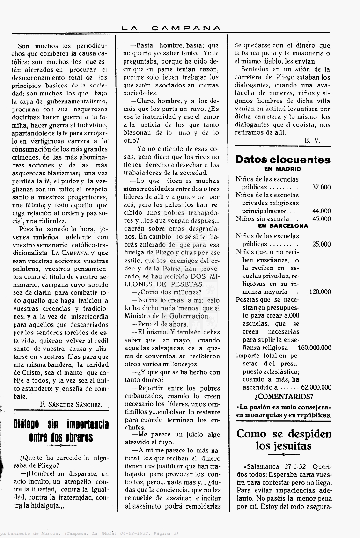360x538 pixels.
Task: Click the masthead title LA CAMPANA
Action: click(171, 28)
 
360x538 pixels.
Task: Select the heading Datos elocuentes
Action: click(283, 160)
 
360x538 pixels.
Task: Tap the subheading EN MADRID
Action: click(282, 169)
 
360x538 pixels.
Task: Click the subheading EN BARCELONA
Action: click(283, 225)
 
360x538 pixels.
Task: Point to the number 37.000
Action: click(321, 187)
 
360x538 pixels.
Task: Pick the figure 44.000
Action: click(321, 211)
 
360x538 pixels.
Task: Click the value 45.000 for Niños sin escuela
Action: click(321, 218)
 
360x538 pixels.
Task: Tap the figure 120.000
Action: click(320, 292)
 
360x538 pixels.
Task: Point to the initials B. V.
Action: click(311, 140)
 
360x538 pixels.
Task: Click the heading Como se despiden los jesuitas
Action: click(284, 440)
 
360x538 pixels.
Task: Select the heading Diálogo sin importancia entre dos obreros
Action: click(61, 431)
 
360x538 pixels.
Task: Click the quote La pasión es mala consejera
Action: click(284, 407)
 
